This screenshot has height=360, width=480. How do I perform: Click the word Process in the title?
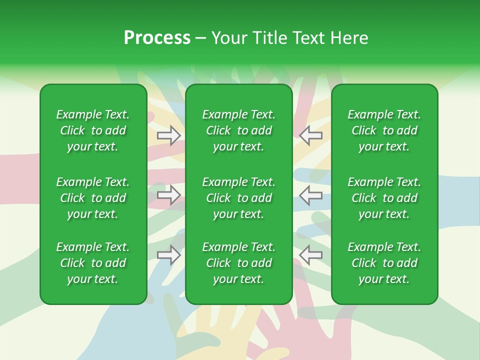click(157, 38)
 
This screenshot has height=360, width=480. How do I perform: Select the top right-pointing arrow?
click(169, 135)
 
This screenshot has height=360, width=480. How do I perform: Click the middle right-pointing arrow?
click(169, 195)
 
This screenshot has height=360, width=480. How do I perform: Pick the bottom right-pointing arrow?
click(169, 255)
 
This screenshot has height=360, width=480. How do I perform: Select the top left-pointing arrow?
click(311, 135)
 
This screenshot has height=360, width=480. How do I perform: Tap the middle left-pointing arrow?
click(311, 195)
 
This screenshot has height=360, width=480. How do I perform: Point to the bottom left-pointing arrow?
click(311, 255)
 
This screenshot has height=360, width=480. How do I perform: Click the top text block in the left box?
click(93, 130)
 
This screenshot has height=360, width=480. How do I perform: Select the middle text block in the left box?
click(93, 198)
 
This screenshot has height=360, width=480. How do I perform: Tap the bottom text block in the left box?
click(93, 263)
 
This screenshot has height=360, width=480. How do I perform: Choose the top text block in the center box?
click(239, 130)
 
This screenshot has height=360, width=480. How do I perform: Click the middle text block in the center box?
click(239, 198)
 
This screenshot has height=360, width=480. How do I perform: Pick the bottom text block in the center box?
click(239, 263)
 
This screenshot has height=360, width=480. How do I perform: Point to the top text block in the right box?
click(384, 130)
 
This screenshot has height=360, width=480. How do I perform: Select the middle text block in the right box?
click(384, 198)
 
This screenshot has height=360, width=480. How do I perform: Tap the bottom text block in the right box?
click(384, 263)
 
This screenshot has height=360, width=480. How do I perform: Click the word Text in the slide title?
click(308, 38)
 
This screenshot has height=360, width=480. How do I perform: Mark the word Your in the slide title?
click(228, 38)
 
